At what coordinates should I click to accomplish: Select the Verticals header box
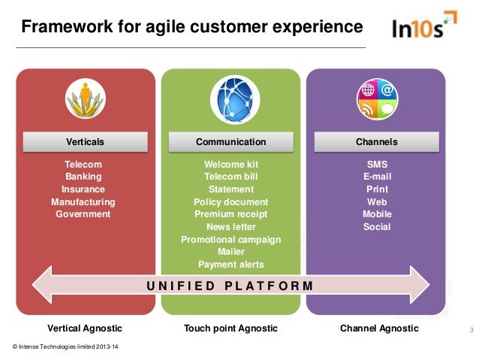point(86,141)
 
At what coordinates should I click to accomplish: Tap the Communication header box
point(230,141)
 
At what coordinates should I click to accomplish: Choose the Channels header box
point(376,141)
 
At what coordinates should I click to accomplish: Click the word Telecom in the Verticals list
point(83,165)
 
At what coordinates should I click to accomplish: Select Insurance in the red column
point(83,189)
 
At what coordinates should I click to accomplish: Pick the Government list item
point(83,214)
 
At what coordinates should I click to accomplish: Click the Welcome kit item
point(230,165)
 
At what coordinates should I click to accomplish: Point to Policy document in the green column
point(230,202)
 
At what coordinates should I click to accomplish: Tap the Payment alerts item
point(230,265)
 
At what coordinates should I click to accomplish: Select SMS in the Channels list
point(376,165)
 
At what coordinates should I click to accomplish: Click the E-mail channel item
point(376,177)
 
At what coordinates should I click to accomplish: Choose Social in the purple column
point(376,227)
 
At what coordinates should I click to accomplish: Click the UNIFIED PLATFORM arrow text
point(230,286)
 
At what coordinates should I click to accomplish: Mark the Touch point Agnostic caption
point(230,328)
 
